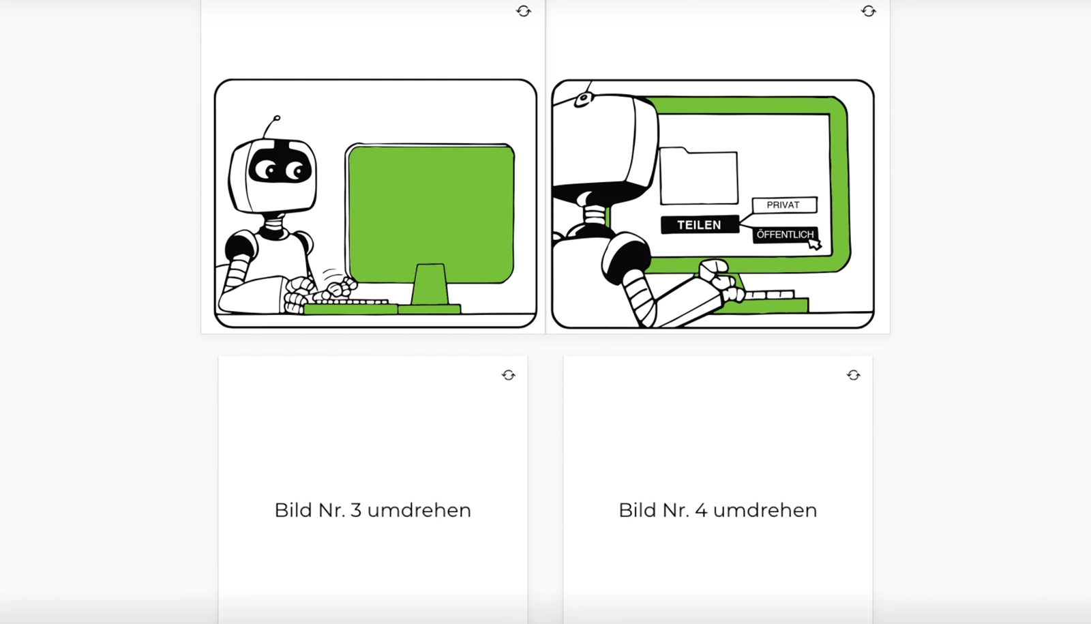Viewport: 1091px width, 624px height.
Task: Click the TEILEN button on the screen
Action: tap(700, 225)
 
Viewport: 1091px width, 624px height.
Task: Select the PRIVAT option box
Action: tap(783, 205)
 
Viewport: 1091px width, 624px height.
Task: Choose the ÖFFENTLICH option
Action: tap(784, 235)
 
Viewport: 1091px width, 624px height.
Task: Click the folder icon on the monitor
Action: tap(699, 177)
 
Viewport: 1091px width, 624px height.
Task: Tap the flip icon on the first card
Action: tap(524, 11)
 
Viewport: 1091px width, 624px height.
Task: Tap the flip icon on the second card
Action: tap(868, 11)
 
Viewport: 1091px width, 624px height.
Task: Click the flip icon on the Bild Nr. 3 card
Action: tap(509, 375)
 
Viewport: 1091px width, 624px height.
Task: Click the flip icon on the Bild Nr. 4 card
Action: tap(853, 375)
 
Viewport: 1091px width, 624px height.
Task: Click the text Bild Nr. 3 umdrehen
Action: tap(372, 510)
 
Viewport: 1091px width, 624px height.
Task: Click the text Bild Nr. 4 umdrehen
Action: tap(717, 510)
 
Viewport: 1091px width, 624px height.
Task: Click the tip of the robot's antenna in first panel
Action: tap(277, 118)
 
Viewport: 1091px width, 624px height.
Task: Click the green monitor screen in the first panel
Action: tap(430, 211)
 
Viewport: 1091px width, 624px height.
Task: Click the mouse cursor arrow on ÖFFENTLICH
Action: tap(814, 243)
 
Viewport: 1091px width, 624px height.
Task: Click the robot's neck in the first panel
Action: tap(275, 225)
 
